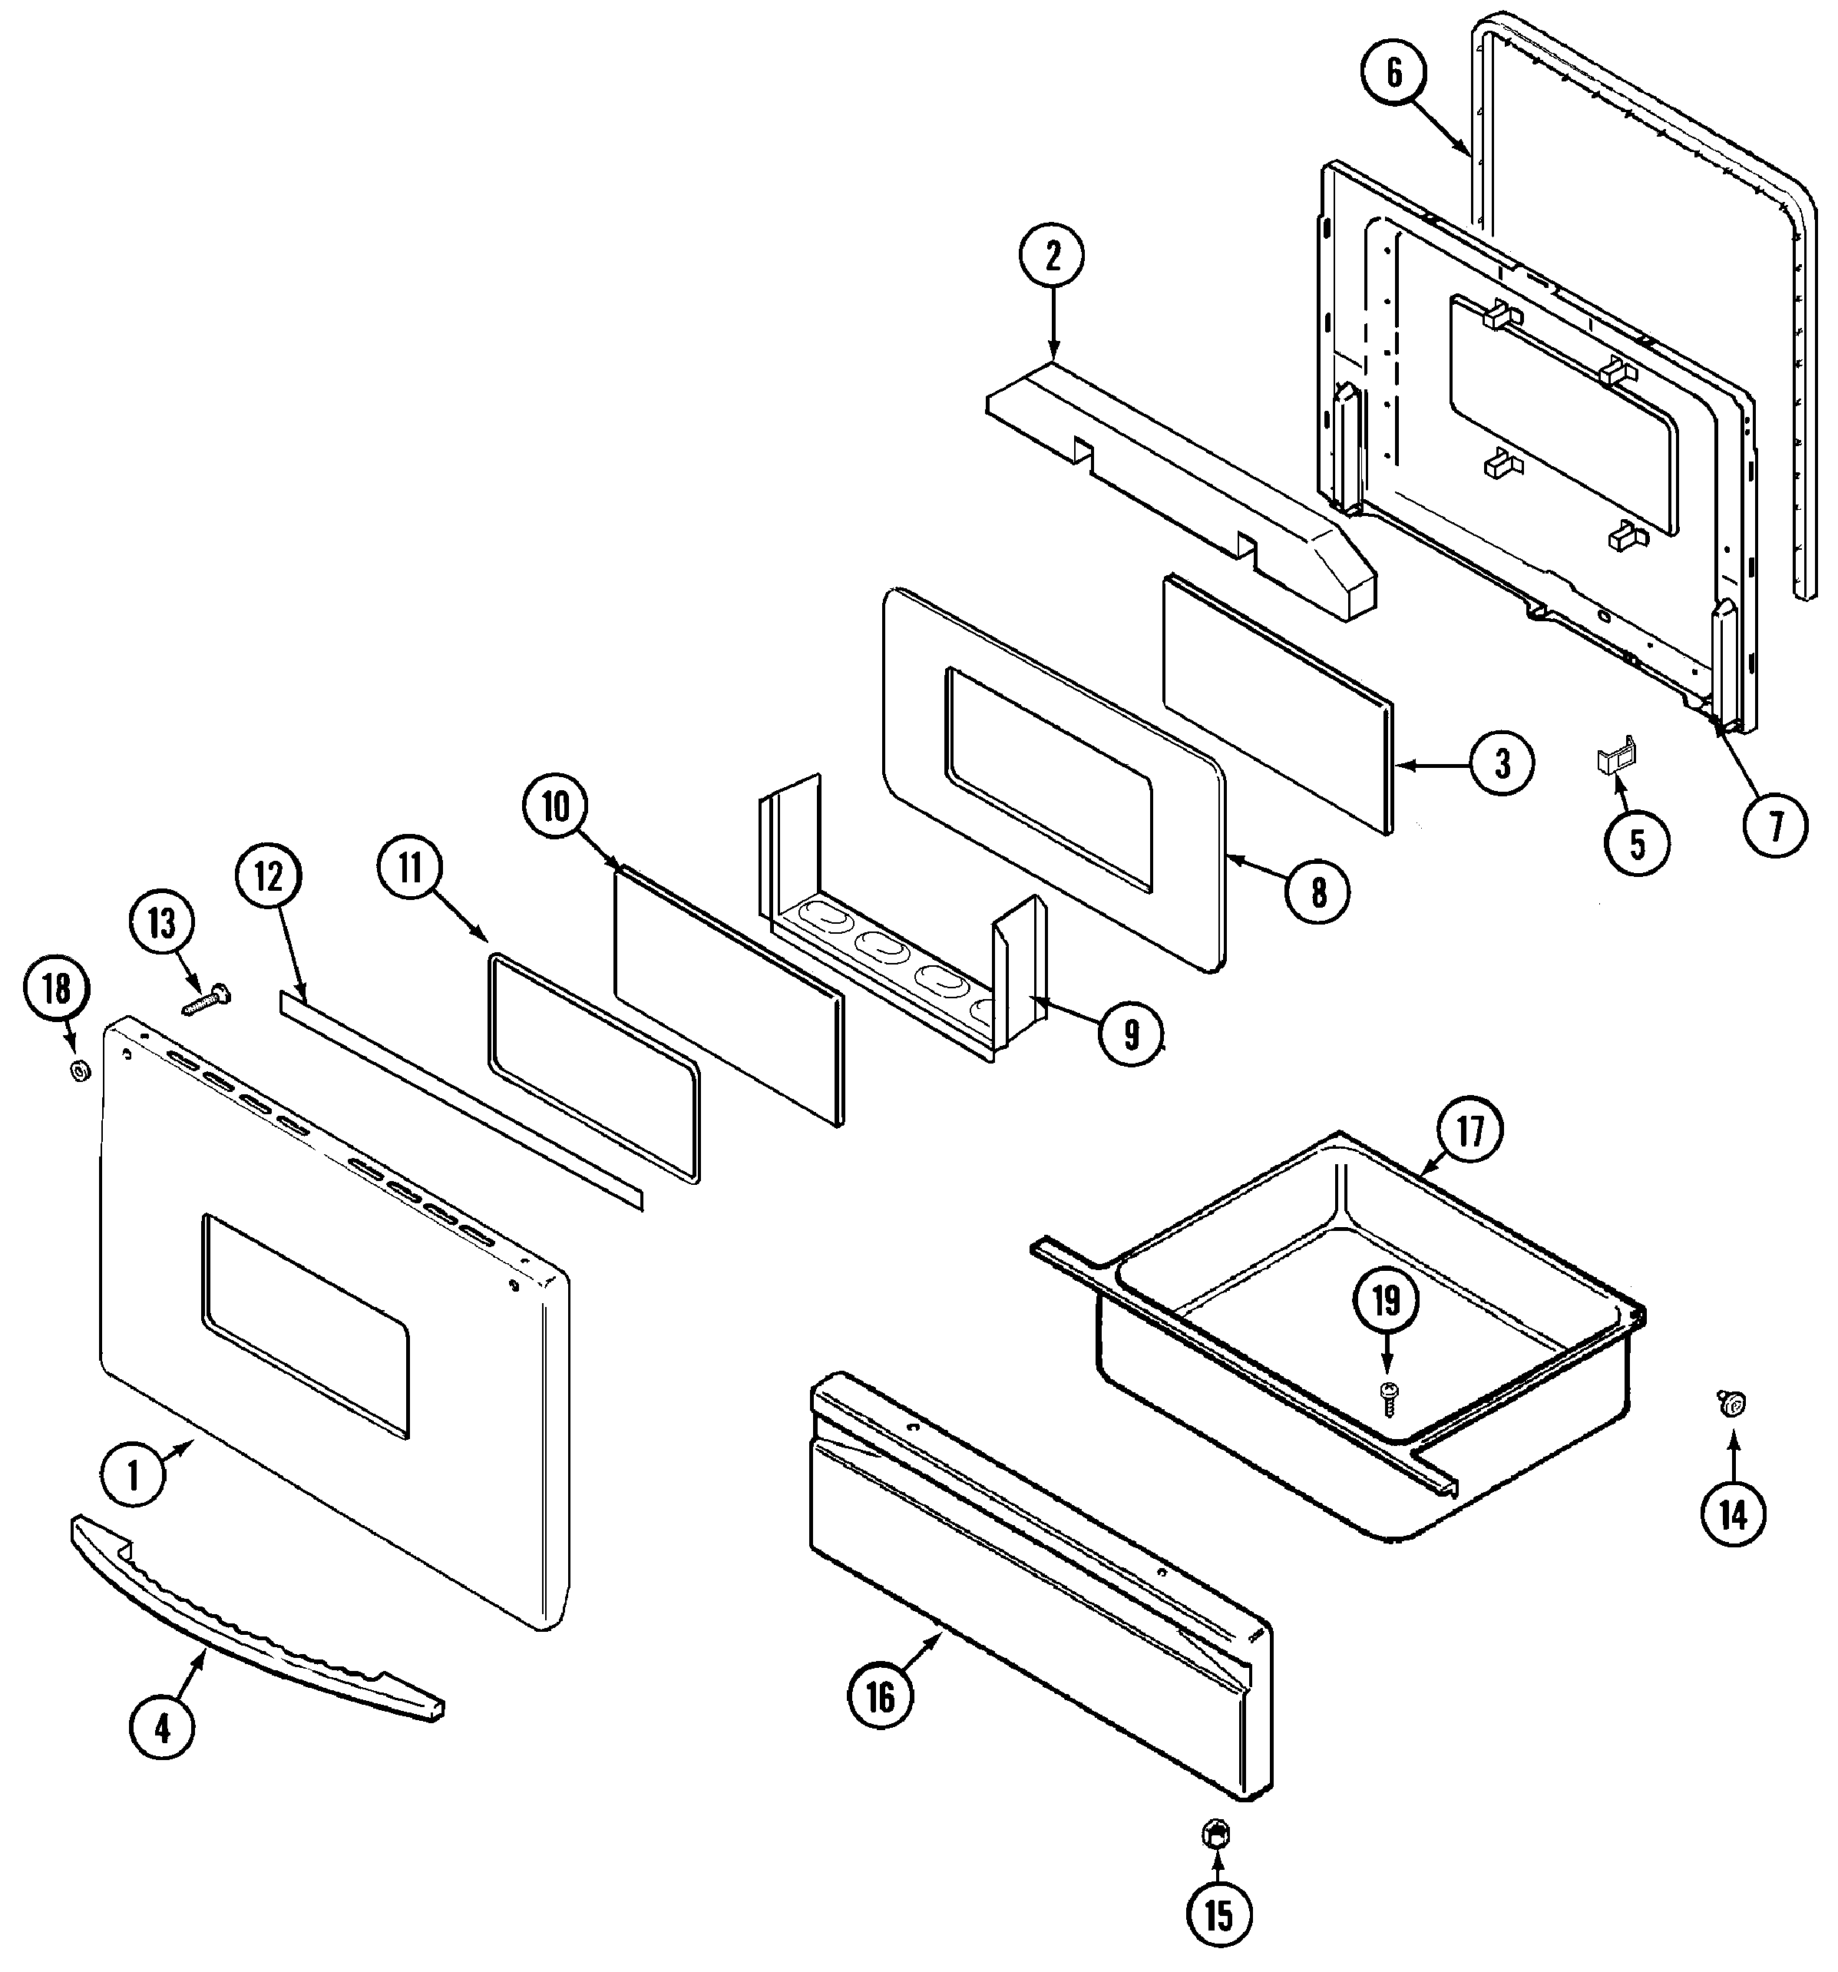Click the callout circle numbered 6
click(1393, 74)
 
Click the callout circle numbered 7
click(1774, 826)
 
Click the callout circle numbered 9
click(1131, 1034)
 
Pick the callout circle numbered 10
click(555, 809)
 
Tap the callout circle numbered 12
click(269, 877)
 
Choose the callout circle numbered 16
click(880, 1697)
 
